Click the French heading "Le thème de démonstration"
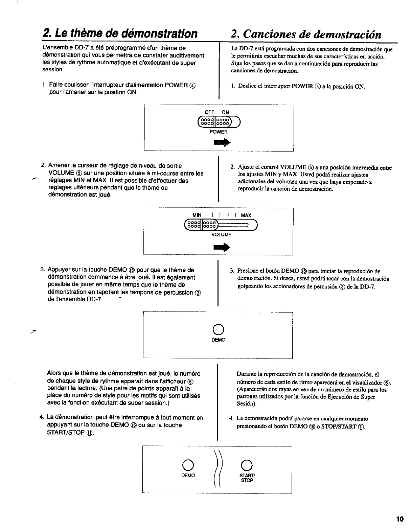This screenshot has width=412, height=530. click(x=120, y=34)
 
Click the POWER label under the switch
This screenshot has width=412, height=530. click(x=219, y=132)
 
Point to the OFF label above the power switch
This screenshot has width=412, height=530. click(x=210, y=112)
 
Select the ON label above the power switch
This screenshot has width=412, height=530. click(x=225, y=112)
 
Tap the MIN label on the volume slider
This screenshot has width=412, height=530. click(x=197, y=215)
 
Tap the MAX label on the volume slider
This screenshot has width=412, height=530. click(x=246, y=215)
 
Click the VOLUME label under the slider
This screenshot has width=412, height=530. click(x=221, y=234)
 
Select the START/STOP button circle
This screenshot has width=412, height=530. click(x=247, y=466)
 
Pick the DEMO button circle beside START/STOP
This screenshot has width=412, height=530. click(x=188, y=466)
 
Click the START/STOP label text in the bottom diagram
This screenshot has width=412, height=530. click(x=247, y=478)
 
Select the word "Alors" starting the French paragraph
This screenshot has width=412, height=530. click(x=54, y=374)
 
